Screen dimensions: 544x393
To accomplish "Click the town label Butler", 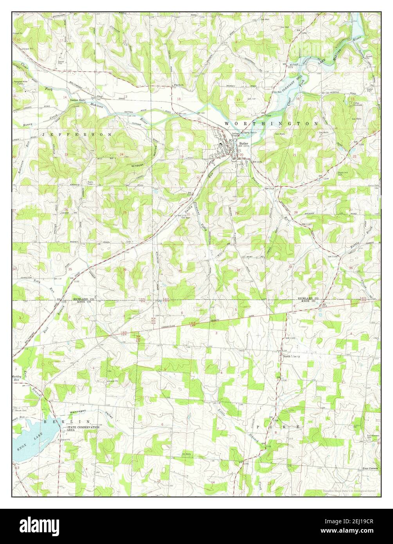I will pos(243,144).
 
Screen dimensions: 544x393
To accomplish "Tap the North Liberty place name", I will pos(291,356).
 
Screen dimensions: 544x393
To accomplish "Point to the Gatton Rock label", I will pos(77,100).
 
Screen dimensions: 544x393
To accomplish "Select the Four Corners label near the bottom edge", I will pos(370,468).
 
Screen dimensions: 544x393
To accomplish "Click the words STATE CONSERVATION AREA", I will pos(83,428).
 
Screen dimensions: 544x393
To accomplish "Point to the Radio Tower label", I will pos(90,183).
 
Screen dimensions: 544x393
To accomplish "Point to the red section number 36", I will pos(124,269).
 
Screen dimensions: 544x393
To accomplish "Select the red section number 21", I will pos(294,155).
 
